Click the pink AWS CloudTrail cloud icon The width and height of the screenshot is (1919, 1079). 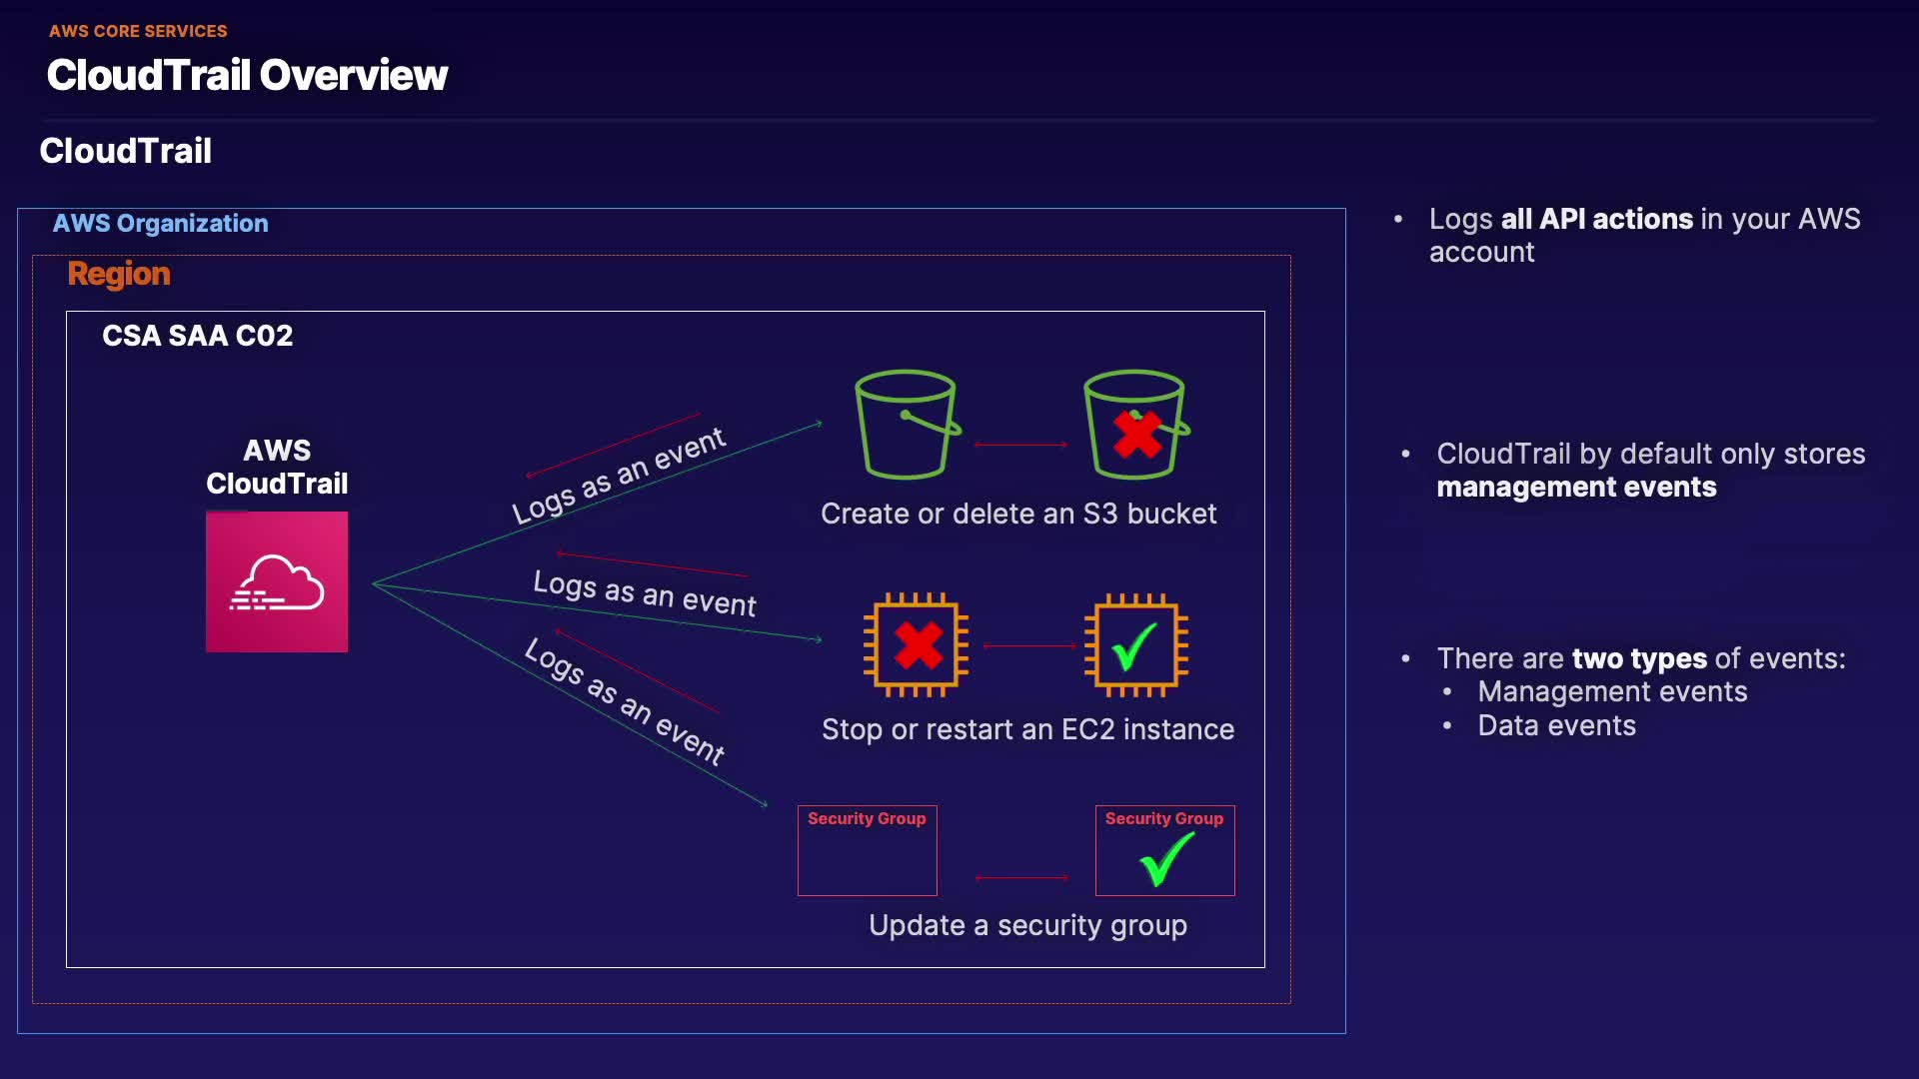(x=277, y=581)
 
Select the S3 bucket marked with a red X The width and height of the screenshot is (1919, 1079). (x=1136, y=425)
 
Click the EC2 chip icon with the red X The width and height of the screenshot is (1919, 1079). (x=917, y=644)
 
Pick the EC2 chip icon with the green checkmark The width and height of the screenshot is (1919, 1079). (x=1136, y=644)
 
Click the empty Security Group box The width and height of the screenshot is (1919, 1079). (x=867, y=850)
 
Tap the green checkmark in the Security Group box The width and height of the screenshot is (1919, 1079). (x=1166, y=858)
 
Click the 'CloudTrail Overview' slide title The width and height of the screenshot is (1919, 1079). (x=247, y=75)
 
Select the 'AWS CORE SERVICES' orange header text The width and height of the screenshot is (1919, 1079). (x=138, y=31)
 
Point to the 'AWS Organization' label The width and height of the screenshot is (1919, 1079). (x=160, y=223)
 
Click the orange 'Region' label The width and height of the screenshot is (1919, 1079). (x=119, y=274)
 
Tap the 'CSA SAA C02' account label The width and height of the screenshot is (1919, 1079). (x=197, y=336)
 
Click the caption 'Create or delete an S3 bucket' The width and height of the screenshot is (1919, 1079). (x=1018, y=514)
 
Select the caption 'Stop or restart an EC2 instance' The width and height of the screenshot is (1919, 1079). (x=1027, y=729)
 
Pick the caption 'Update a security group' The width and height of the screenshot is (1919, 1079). (x=1027, y=926)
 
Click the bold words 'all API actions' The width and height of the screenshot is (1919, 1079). (x=1596, y=219)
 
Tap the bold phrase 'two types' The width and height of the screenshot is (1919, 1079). (x=1639, y=658)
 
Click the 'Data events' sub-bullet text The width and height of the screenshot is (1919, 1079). (x=1556, y=725)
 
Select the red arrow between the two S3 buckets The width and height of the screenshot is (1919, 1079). (x=1020, y=445)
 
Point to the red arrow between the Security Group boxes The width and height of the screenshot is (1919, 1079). (x=1021, y=878)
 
